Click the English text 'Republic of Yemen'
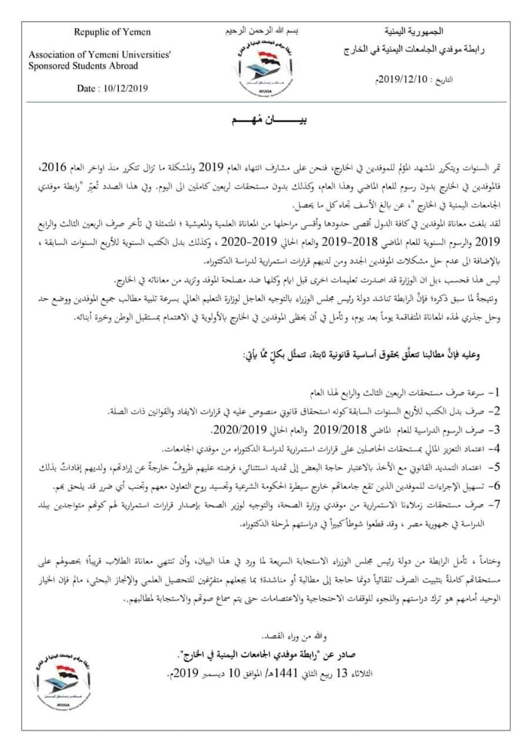[112, 32]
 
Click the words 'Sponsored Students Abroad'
[83, 66]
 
